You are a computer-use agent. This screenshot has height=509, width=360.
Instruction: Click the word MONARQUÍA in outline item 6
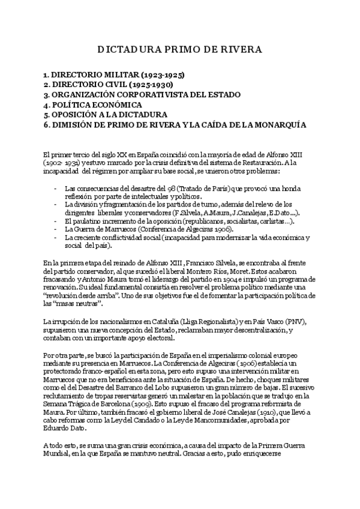(x=278, y=125)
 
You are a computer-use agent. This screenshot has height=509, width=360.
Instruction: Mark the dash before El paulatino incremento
(x=55, y=221)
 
